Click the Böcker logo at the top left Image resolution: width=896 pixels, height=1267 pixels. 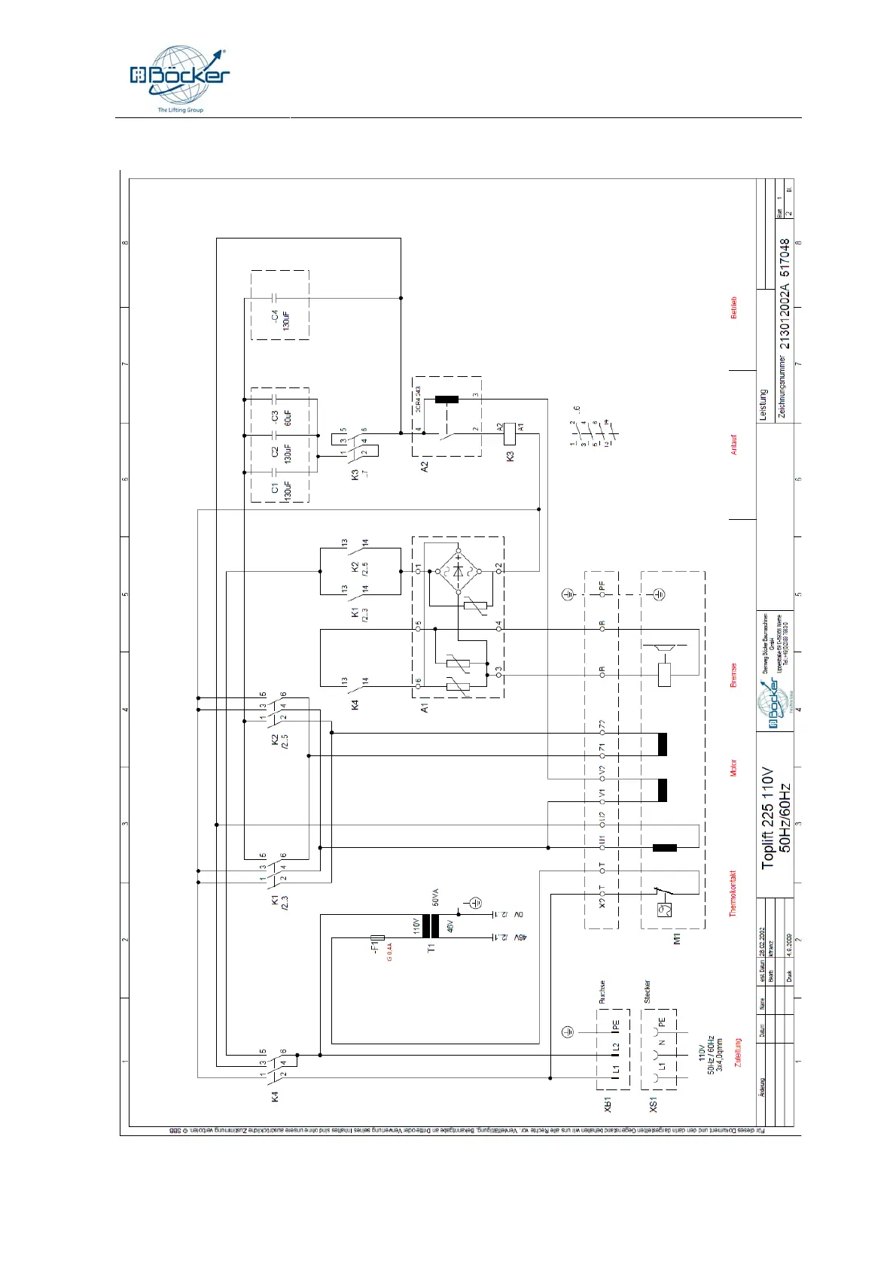click(179, 77)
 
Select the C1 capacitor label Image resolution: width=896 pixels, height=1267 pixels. click(275, 488)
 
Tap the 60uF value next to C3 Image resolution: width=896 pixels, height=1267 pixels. click(288, 418)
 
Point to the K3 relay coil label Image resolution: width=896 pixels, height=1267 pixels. click(510, 456)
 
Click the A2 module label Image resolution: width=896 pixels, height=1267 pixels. click(425, 466)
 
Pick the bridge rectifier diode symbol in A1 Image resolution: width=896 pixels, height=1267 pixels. click(458, 570)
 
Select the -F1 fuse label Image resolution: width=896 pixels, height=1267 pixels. click(374, 945)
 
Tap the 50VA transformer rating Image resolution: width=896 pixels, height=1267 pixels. click(435, 897)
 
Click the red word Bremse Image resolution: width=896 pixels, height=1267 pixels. click(734, 675)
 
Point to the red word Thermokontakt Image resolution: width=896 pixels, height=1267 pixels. click(733, 894)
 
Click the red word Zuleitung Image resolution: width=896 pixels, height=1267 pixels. click(738, 1053)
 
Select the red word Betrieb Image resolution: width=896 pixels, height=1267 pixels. click(734, 308)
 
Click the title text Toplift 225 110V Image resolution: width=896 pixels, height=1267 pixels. click(767, 818)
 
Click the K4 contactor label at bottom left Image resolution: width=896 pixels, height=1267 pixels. click(275, 1097)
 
